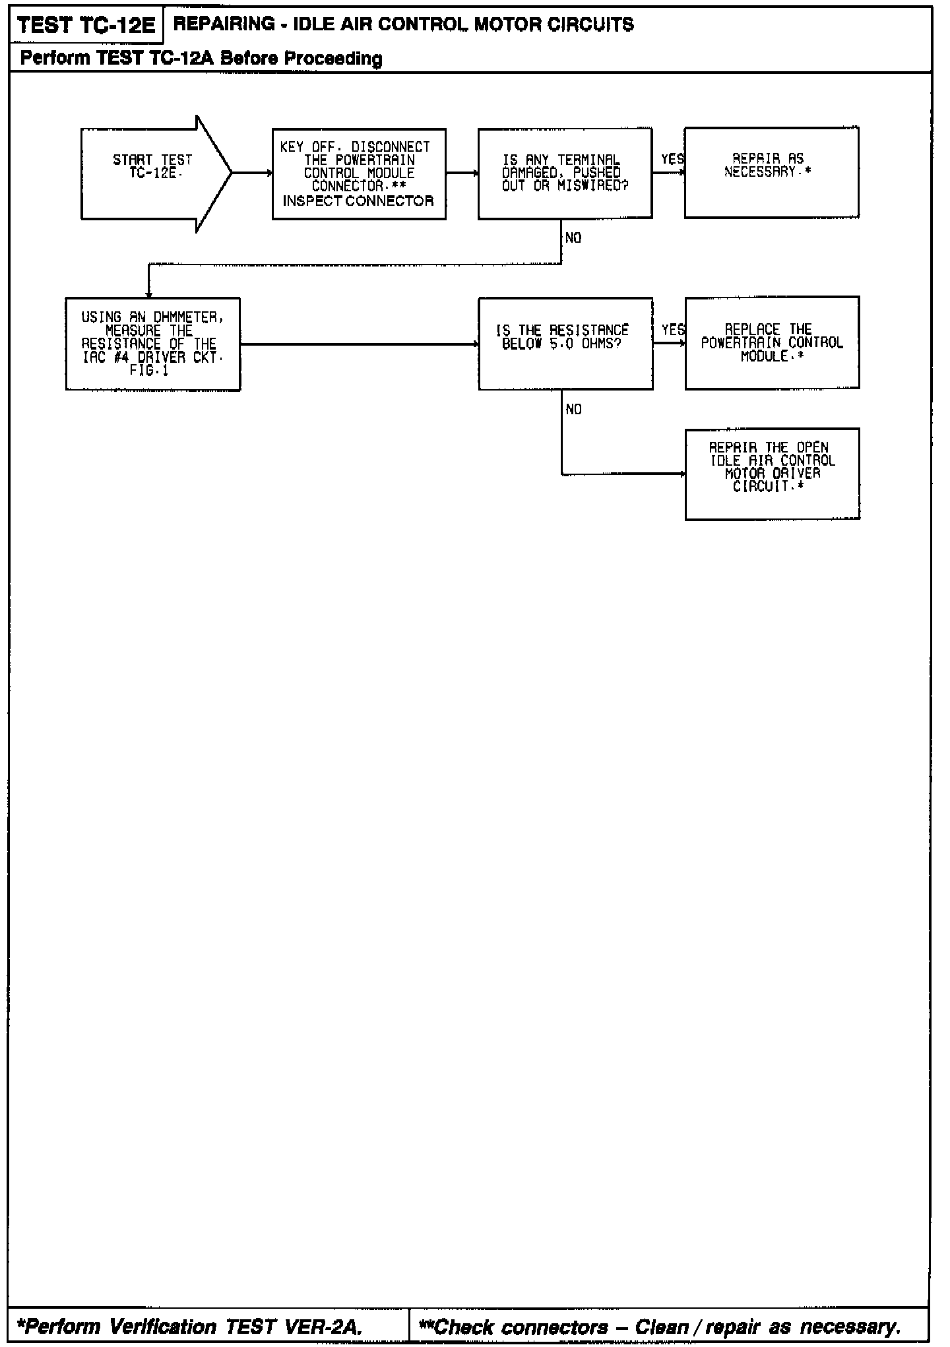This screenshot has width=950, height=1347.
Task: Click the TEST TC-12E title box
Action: coord(86,25)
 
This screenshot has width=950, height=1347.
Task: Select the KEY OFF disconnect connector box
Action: coord(359,173)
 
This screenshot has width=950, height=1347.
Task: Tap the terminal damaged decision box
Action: coord(565,173)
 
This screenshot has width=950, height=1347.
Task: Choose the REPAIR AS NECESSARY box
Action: coord(771,172)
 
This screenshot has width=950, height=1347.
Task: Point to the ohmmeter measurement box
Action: coord(152,344)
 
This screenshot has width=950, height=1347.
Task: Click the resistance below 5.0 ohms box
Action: coord(565,343)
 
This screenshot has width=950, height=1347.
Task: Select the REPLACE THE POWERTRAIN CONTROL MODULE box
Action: coord(772,342)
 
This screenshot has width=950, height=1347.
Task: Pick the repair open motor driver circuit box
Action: coord(772,474)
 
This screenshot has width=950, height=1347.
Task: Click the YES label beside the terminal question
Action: coord(672,159)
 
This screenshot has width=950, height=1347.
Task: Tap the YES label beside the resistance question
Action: coord(673,330)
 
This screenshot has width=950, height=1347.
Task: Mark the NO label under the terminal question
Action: coord(573,238)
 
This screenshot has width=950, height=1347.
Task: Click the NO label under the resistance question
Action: coord(574,410)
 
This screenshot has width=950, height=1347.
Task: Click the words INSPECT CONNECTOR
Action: coord(358,201)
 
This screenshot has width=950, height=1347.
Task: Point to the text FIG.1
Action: coord(149,371)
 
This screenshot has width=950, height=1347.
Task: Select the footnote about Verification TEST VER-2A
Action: coord(189,1326)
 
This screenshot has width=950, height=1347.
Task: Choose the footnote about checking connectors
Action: coord(660,1326)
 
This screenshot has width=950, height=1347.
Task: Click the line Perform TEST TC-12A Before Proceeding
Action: coord(201,58)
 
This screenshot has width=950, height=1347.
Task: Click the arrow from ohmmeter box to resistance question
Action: coord(360,344)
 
